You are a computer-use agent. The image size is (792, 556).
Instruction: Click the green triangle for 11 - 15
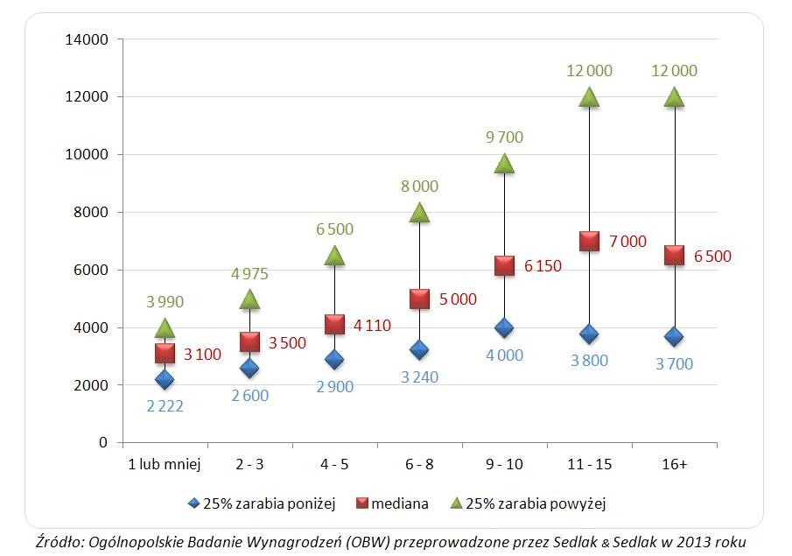589,97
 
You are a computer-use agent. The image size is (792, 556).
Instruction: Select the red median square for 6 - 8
419,299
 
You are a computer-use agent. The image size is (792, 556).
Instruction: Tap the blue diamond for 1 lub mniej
165,379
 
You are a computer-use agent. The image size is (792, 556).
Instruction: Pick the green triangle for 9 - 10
504,164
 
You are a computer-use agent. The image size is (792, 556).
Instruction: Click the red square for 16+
674,255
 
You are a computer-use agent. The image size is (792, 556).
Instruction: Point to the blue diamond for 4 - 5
334,359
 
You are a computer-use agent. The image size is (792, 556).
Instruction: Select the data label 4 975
249,274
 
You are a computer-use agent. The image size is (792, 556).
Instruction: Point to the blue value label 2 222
165,405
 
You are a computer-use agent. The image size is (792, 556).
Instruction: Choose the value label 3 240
419,377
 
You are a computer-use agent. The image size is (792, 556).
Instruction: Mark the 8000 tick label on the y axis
91,212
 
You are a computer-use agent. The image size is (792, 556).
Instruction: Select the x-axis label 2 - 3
249,465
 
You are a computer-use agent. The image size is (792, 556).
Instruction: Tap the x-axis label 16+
674,465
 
